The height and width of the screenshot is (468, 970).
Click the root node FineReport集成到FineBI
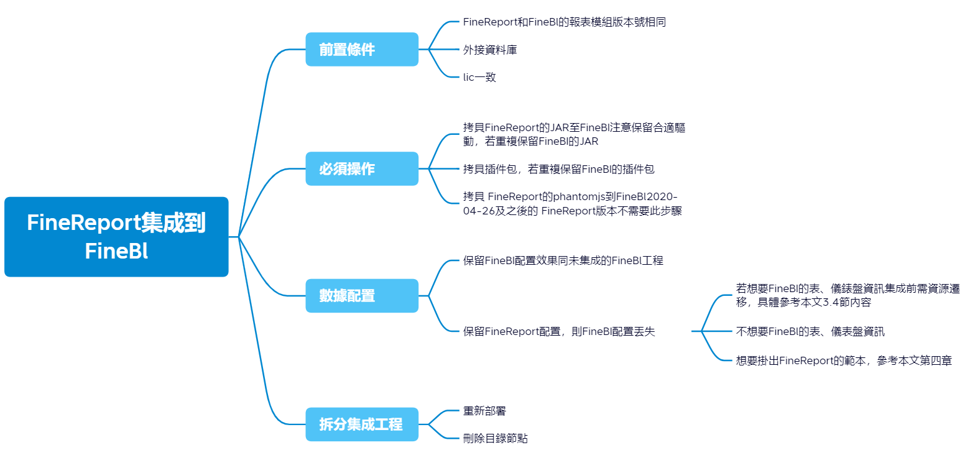coord(116,237)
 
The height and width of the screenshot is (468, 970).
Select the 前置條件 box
coord(362,49)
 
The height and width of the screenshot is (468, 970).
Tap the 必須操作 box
coord(362,168)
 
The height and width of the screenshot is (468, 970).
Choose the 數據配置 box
coord(362,296)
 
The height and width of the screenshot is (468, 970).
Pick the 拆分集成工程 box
coord(362,424)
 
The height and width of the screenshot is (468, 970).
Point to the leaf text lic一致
coord(479,77)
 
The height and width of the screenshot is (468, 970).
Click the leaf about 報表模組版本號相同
coord(565,22)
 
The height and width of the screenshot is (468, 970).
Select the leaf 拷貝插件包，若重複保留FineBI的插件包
coord(558,168)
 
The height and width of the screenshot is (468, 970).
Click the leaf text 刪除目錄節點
coord(496,438)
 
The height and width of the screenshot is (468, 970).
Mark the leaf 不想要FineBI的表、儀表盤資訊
coord(810,331)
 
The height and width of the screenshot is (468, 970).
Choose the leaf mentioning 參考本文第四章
coord(844,360)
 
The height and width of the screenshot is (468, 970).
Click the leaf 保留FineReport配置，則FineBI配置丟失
coord(558,332)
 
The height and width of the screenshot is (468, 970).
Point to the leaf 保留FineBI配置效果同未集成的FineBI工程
coord(563,260)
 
